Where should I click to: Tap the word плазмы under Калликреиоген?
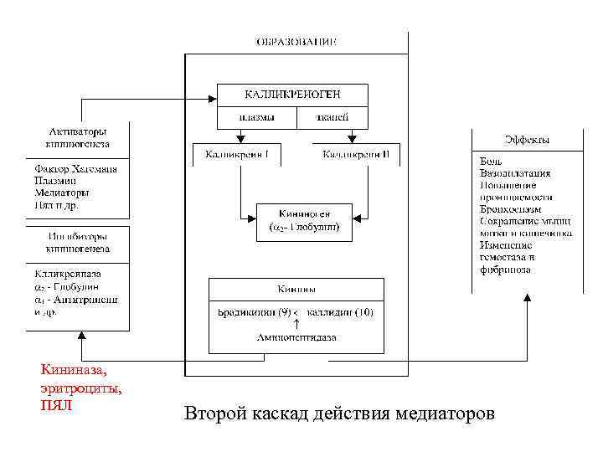(x=256, y=118)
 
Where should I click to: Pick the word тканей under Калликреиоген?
(x=332, y=118)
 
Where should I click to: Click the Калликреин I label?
(x=236, y=155)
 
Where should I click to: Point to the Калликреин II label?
(x=357, y=155)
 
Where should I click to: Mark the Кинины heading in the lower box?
(x=296, y=290)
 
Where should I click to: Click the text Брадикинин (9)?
(x=253, y=312)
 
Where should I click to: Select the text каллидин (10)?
(x=341, y=312)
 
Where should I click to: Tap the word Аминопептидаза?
(x=296, y=337)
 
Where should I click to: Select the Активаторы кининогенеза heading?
(x=77, y=137)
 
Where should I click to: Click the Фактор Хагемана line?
(x=75, y=169)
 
